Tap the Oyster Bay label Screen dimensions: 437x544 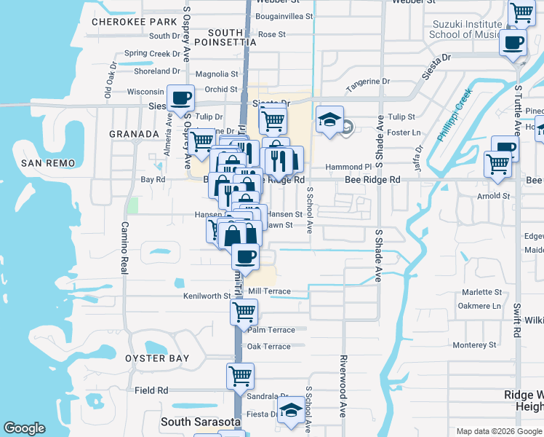(x=156, y=358)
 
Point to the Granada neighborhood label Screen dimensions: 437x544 (x=134, y=134)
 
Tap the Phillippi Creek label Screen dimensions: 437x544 (x=455, y=115)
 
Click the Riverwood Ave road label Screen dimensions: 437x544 (x=343, y=386)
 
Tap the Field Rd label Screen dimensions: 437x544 (x=151, y=390)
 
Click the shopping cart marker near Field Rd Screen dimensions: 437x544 (x=240, y=377)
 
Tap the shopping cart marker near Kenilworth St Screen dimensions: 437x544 (x=244, y=313)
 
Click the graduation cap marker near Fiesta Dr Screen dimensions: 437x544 (x=291, y=410)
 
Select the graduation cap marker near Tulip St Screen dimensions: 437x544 (x=329, y=120)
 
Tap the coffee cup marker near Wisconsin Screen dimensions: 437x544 (x=180, y=98)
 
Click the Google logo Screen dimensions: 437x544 (x=25, y=428)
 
